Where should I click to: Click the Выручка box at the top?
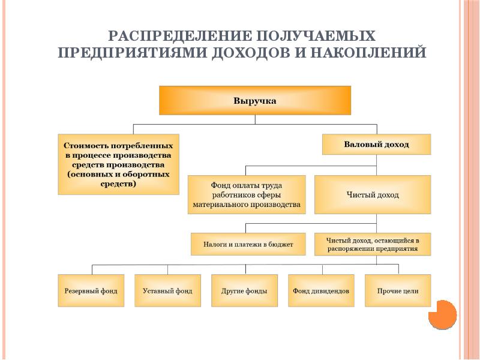(x=254, y=100)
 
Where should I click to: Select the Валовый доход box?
(x=376, y=145)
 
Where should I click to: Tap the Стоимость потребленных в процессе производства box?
(x=119, y=164)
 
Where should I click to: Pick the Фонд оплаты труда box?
(x=247, y=194)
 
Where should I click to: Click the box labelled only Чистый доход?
(x=373, y=194)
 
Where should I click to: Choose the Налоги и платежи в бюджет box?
(x=248, y=244)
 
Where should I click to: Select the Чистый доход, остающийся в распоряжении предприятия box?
(x=373, y=244)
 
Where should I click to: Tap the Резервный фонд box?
(x=91, y=291)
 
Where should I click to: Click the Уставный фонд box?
(x=167, y=291)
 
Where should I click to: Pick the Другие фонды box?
(x=244, y=291)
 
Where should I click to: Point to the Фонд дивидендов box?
(x=321, y=291)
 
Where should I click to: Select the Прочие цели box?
(x=398, y=291)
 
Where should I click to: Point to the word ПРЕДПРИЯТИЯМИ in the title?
(x=132, y=52)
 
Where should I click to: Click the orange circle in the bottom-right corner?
(x=443, y=315)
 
